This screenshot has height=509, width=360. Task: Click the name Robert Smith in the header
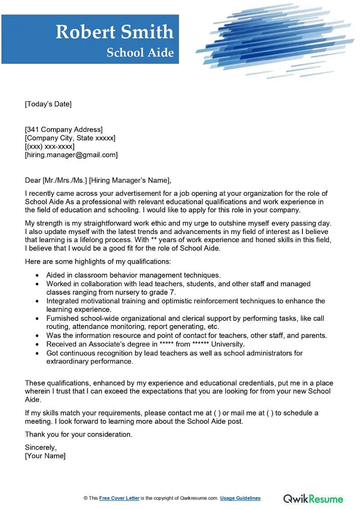click(114, 32)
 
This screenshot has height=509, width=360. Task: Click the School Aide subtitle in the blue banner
click(140, 53)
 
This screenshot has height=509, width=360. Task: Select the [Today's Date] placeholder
click(48, 104)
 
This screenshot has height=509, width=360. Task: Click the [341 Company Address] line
click(63, 130)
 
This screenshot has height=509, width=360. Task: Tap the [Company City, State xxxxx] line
click(70, 138)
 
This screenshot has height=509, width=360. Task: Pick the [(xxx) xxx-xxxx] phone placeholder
click(49, 146)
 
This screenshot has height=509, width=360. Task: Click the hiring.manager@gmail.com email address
click(71, 155)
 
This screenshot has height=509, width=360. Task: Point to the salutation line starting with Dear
click(98, 180)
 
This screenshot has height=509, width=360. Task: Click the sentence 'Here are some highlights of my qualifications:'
click(98, 261)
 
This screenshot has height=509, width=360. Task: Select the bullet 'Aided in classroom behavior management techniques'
click(133, 275)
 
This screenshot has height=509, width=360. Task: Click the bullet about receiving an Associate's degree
click(145, 344)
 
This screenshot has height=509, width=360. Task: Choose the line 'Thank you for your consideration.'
click(79, 434)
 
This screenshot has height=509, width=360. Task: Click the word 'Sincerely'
click(40, 447)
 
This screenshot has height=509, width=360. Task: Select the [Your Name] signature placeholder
click(45, 456)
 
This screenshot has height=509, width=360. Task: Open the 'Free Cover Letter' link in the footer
click(119, 498)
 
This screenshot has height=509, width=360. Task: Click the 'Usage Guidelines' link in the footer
click(240, 498)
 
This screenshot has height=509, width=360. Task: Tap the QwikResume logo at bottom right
click(313, 498)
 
